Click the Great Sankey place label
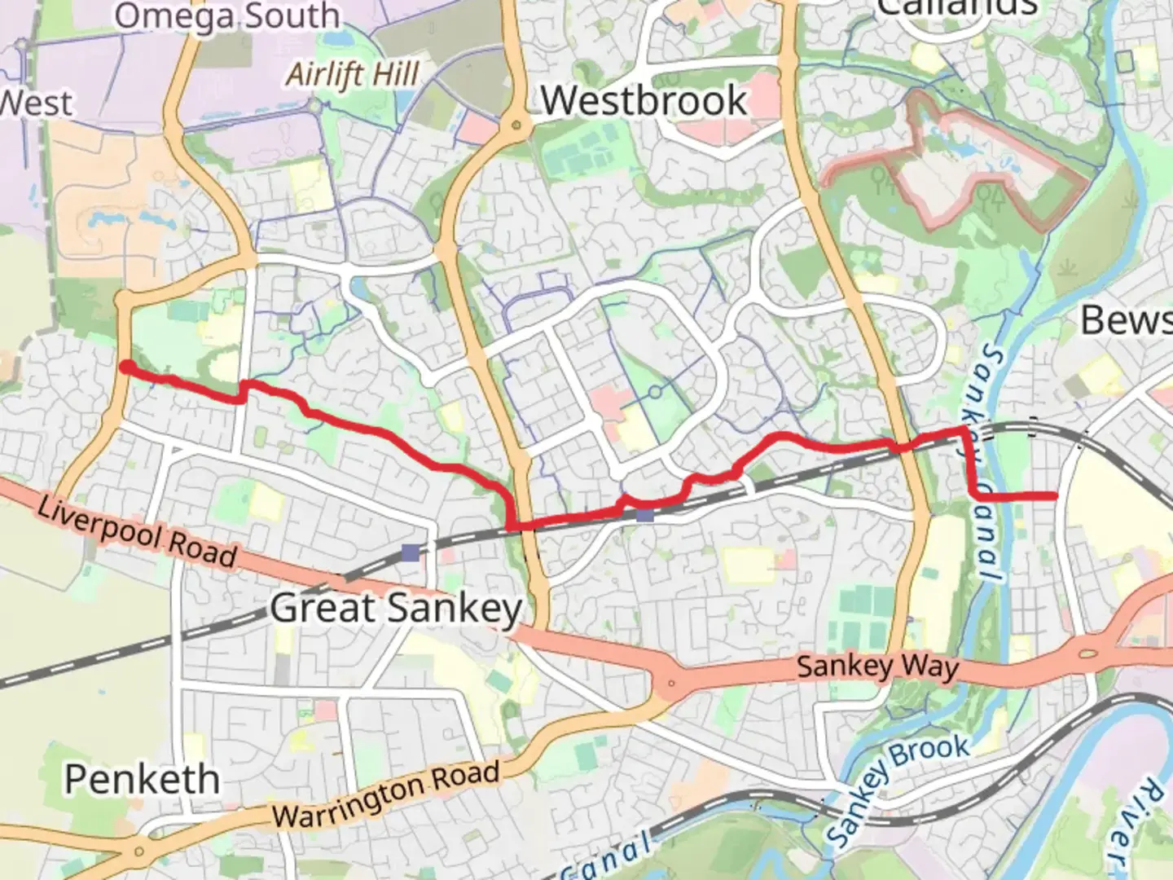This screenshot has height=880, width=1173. (x=396, y=608)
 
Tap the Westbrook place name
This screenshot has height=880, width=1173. (x=644, y=101)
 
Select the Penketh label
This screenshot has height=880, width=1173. (x=143, y=780)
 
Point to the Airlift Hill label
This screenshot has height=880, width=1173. (x=353, y=75)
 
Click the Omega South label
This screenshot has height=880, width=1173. (x=226, y=16)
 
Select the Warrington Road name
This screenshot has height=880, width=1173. (x=386, y=794)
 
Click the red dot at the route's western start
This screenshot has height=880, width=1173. (x=127, y=367)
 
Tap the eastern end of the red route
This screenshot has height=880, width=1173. (x=1055, y=495)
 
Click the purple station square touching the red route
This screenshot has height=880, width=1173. (x=645, y=515)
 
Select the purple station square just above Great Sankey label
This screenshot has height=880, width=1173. (x=411, y=553)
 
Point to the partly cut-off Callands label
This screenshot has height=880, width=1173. (x=957, y=8)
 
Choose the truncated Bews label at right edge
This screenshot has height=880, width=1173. (x=1126, y=320)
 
